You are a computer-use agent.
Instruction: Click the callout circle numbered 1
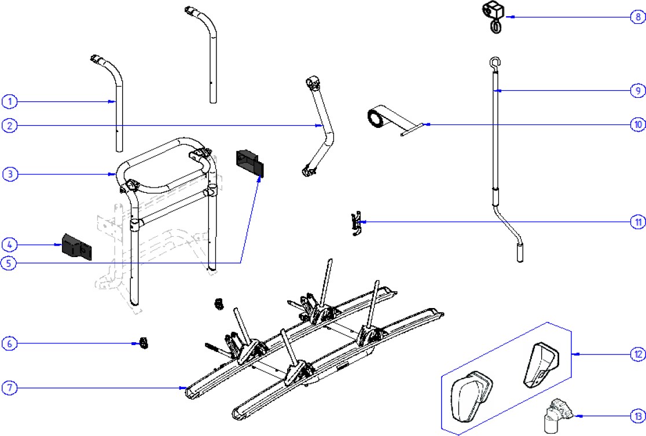tap(9, 102)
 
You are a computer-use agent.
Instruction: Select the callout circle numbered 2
tap(9, 125)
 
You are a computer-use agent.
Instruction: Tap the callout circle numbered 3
tap(9, 174)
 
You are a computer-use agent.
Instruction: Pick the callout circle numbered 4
tap(9, 244)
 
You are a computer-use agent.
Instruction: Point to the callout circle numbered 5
tap(9, 263)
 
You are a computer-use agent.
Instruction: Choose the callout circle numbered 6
tap(9, 343)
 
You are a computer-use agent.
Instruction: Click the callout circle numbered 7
tap(9, 388)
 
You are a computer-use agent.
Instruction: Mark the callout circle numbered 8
tap(637, 17)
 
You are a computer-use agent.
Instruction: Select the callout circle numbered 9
tap(637, 90)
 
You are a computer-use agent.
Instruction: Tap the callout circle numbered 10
tap(637, 124)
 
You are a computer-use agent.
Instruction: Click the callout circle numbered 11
tap(637, 222)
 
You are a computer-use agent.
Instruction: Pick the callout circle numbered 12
tap(637, 354)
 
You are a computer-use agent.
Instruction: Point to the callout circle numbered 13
tap(637, 415)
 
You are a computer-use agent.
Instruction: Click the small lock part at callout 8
tap(493, 14)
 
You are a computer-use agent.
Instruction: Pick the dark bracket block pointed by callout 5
tap(249, 162)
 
